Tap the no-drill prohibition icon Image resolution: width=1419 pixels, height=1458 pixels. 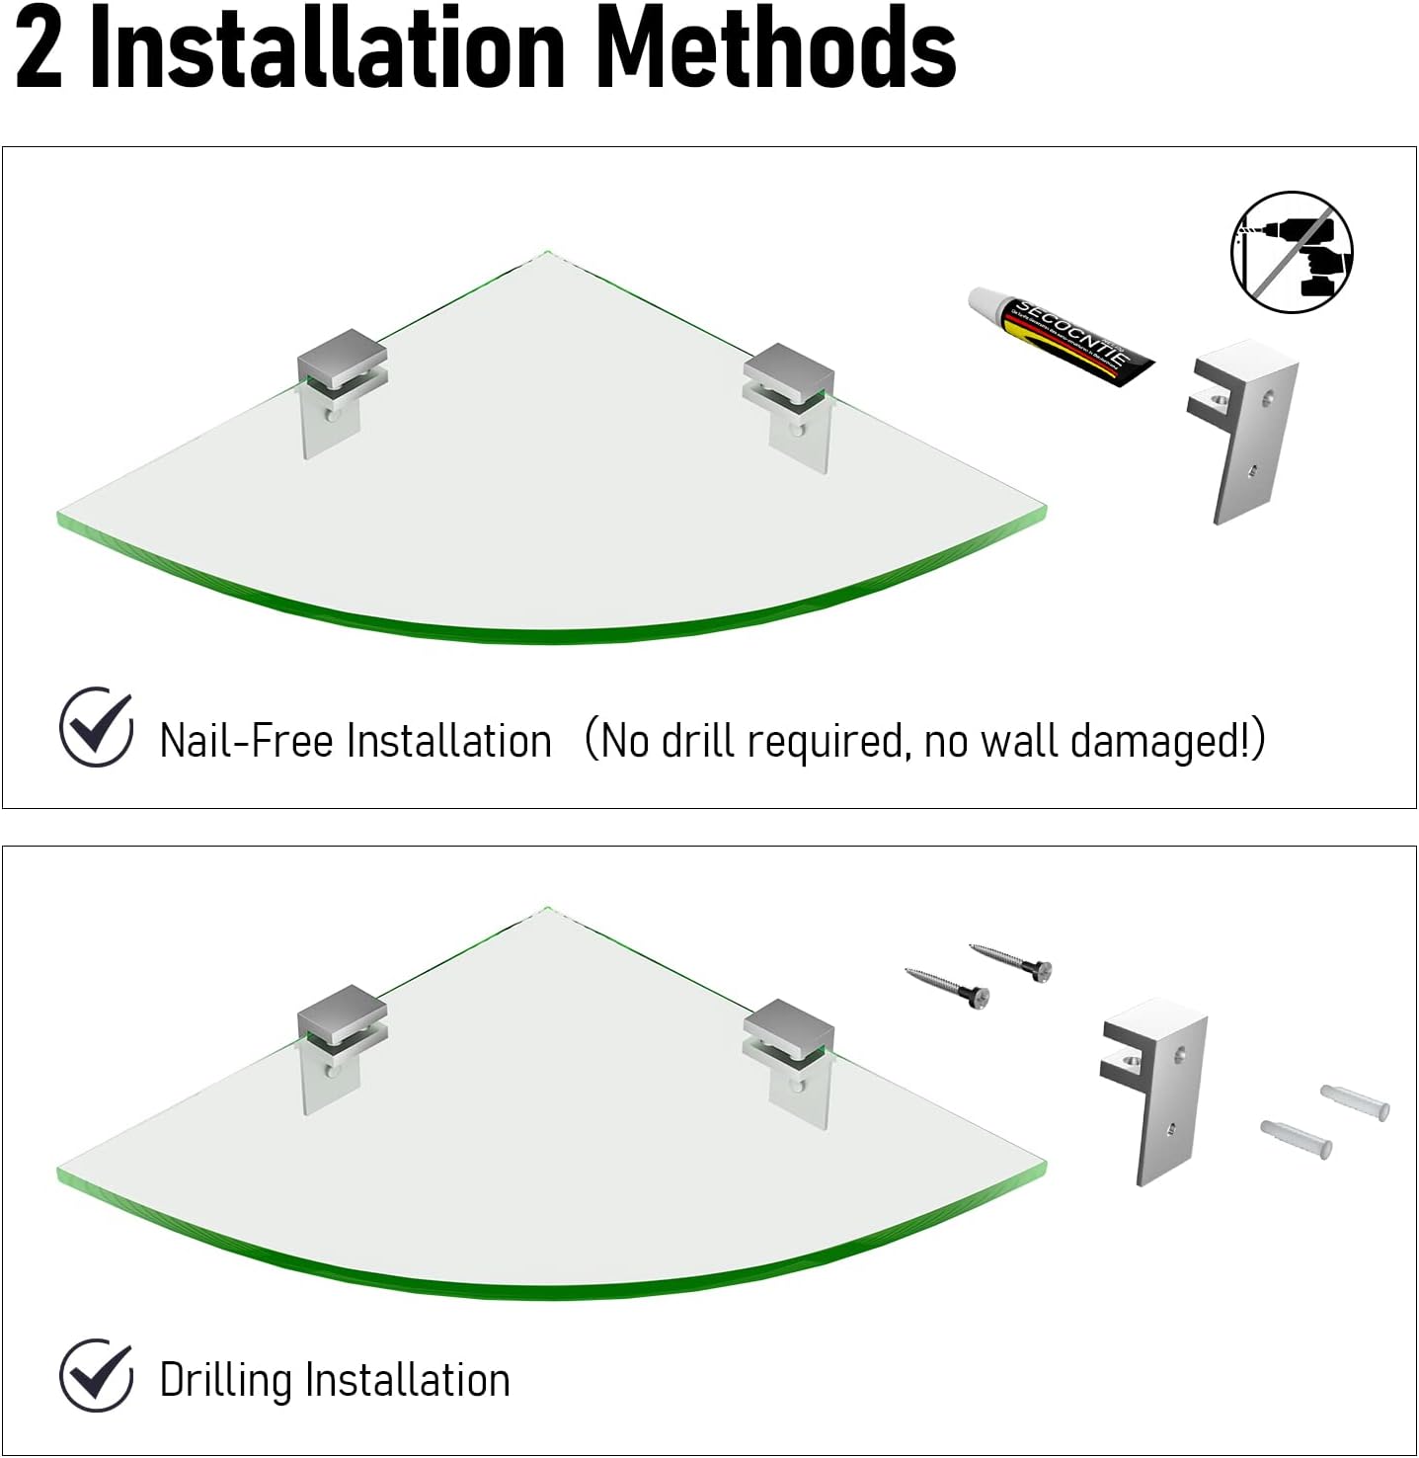[x=1292, y=253]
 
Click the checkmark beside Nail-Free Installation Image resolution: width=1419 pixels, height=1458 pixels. [x=96, y=728]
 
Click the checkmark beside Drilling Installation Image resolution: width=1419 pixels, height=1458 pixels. [x=96, y=1375]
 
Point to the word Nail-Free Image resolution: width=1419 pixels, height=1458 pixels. [x=246, y=741]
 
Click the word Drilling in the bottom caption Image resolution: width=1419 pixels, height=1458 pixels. [x=226, y=1380]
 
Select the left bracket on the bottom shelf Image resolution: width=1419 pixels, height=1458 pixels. [x=339, y=1046]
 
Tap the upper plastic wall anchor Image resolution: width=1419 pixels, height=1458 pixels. [x=1356, y=1100]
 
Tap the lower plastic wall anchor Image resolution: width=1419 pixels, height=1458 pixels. [x=1297, y=1138]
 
